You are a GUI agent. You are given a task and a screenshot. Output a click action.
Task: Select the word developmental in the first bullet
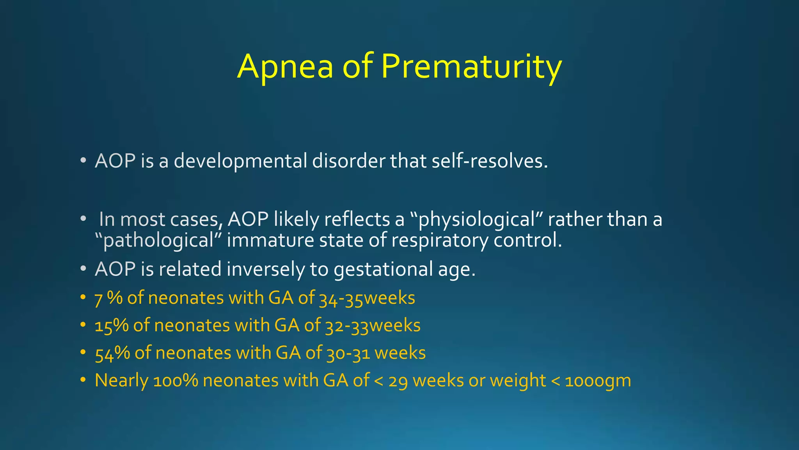(240, 161)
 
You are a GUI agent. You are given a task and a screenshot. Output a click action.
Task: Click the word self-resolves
(490, 161)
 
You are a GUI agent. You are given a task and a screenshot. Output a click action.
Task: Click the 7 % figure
(108, 298)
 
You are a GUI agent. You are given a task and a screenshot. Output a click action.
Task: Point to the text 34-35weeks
(367, 298)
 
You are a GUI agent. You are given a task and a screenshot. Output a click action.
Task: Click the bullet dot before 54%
(83, 353)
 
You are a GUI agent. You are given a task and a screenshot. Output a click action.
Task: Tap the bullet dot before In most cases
(83, 219)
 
